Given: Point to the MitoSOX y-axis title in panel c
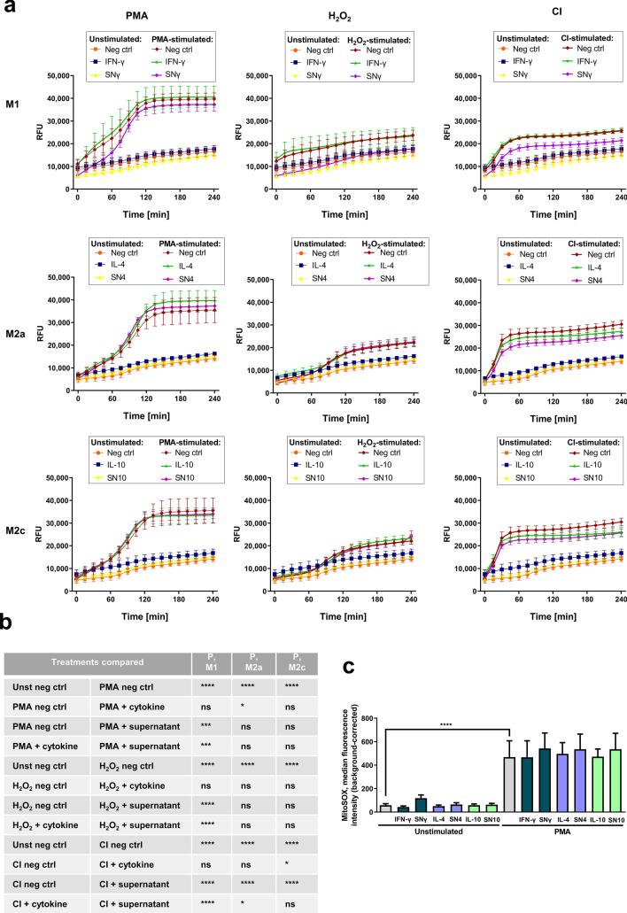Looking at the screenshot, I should [357, 762].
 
